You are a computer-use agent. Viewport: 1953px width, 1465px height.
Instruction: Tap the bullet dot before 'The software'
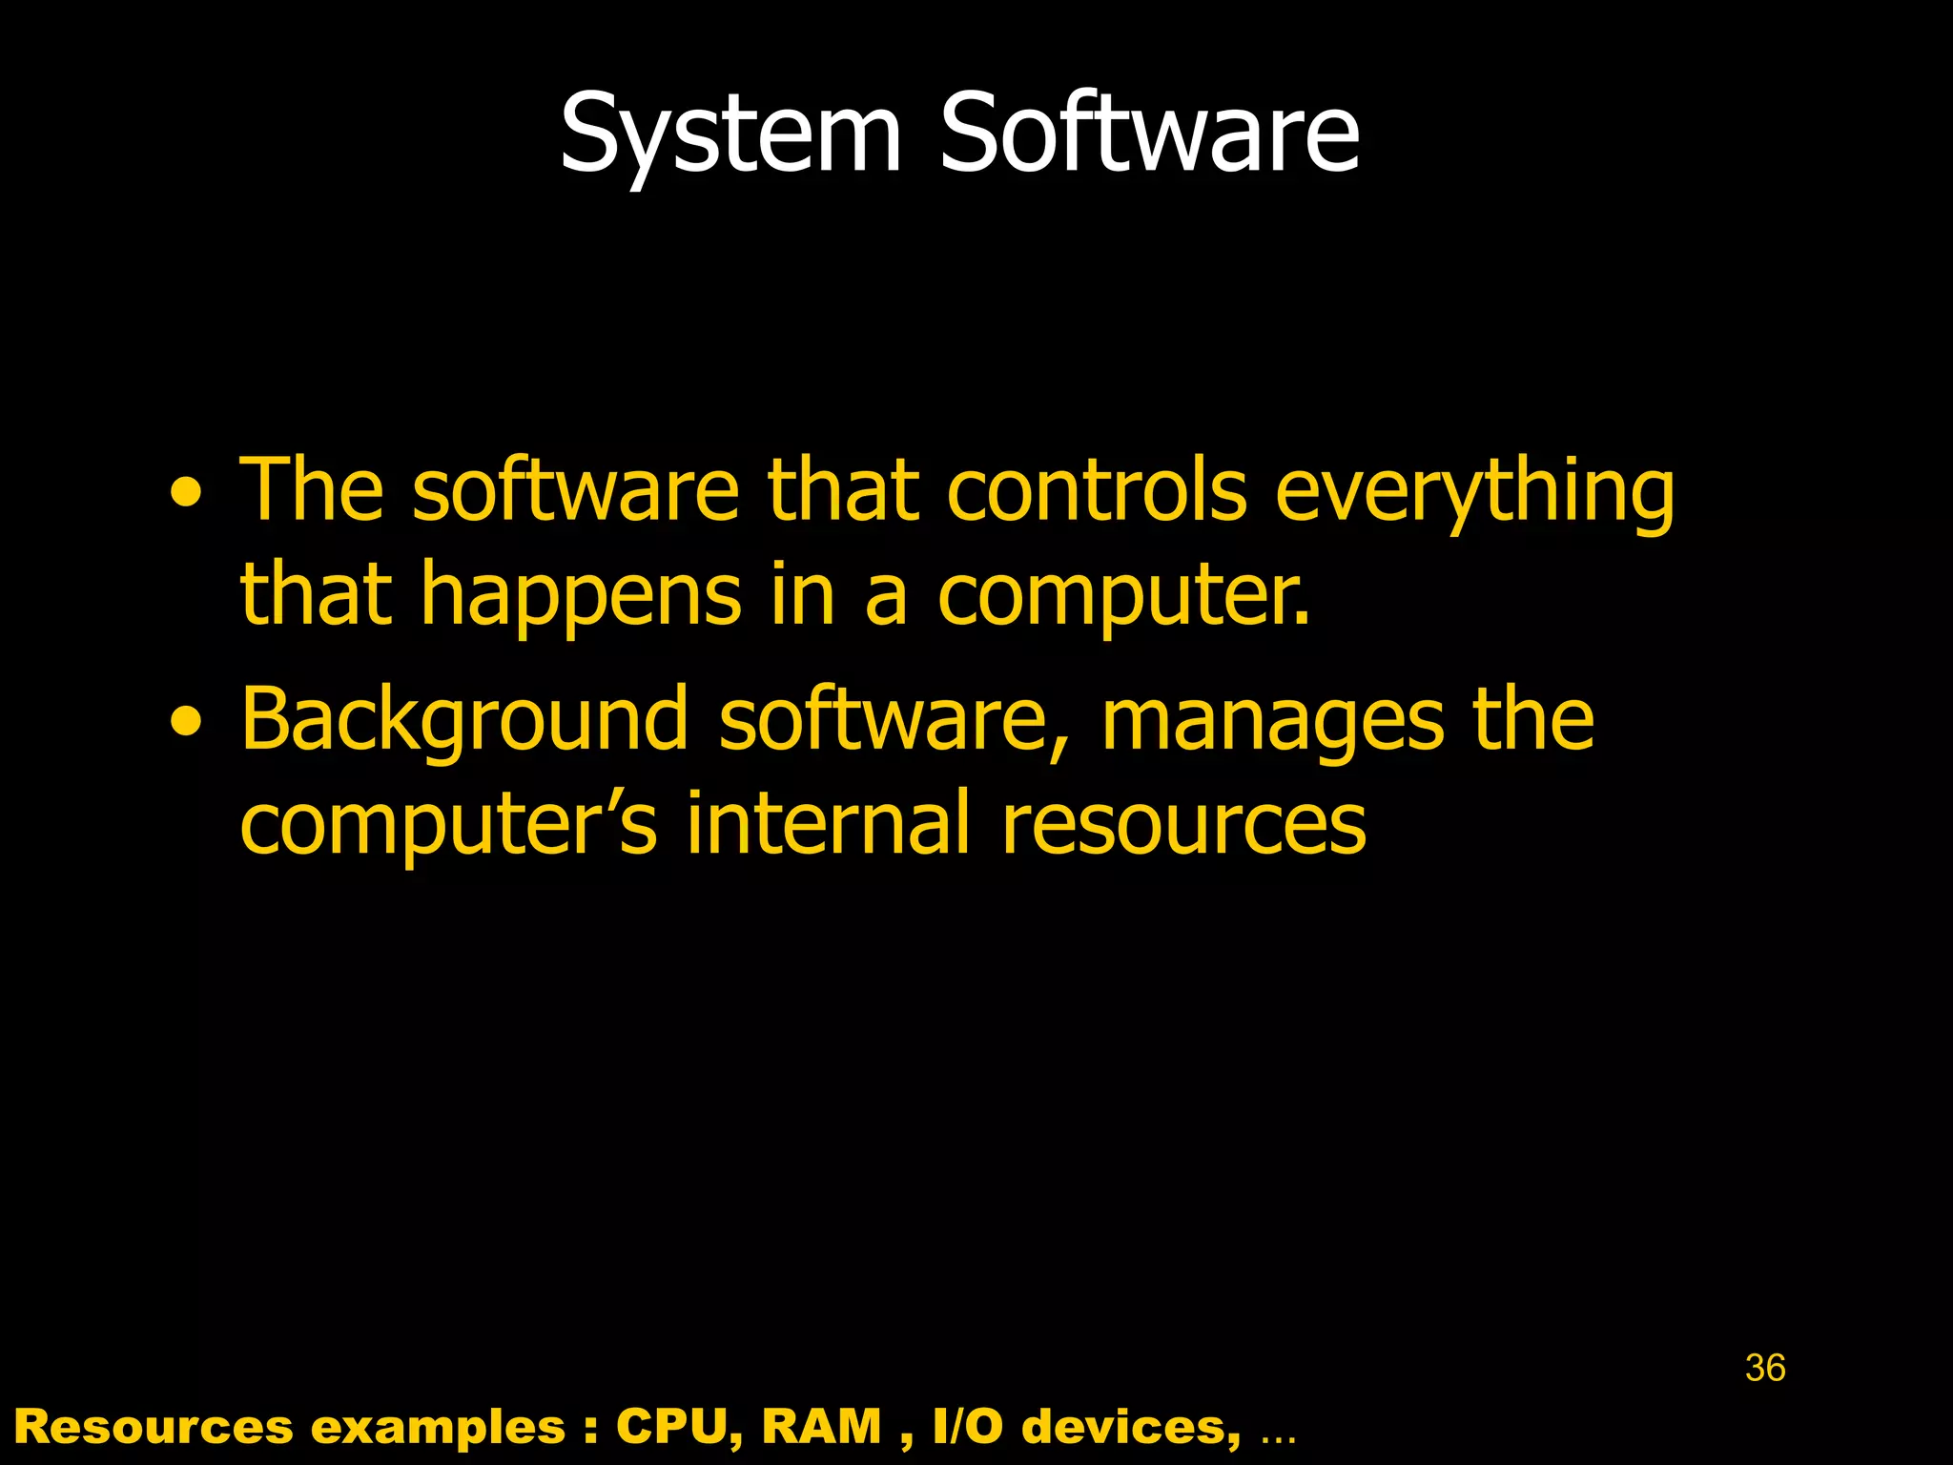pos(186,493)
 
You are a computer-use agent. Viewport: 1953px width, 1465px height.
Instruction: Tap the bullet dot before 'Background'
pos(186,722)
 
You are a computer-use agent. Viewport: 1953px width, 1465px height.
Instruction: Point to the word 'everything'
pos(1474,494)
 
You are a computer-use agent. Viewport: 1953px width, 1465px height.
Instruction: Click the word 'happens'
pos(581,596)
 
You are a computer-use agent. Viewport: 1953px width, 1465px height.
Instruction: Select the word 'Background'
pos(463,721)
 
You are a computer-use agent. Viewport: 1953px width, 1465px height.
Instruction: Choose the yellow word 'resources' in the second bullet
pos(1183,825)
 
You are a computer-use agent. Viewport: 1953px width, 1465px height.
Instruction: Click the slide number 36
pos(1765,1368)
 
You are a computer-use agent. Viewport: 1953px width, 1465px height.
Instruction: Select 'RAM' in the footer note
pos(822,1427)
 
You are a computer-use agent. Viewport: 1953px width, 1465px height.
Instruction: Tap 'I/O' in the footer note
pos(968,1427)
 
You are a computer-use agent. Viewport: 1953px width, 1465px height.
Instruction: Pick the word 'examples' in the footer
pos(439,1428)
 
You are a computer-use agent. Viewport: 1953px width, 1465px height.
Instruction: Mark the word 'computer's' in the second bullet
pos(448,825)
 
